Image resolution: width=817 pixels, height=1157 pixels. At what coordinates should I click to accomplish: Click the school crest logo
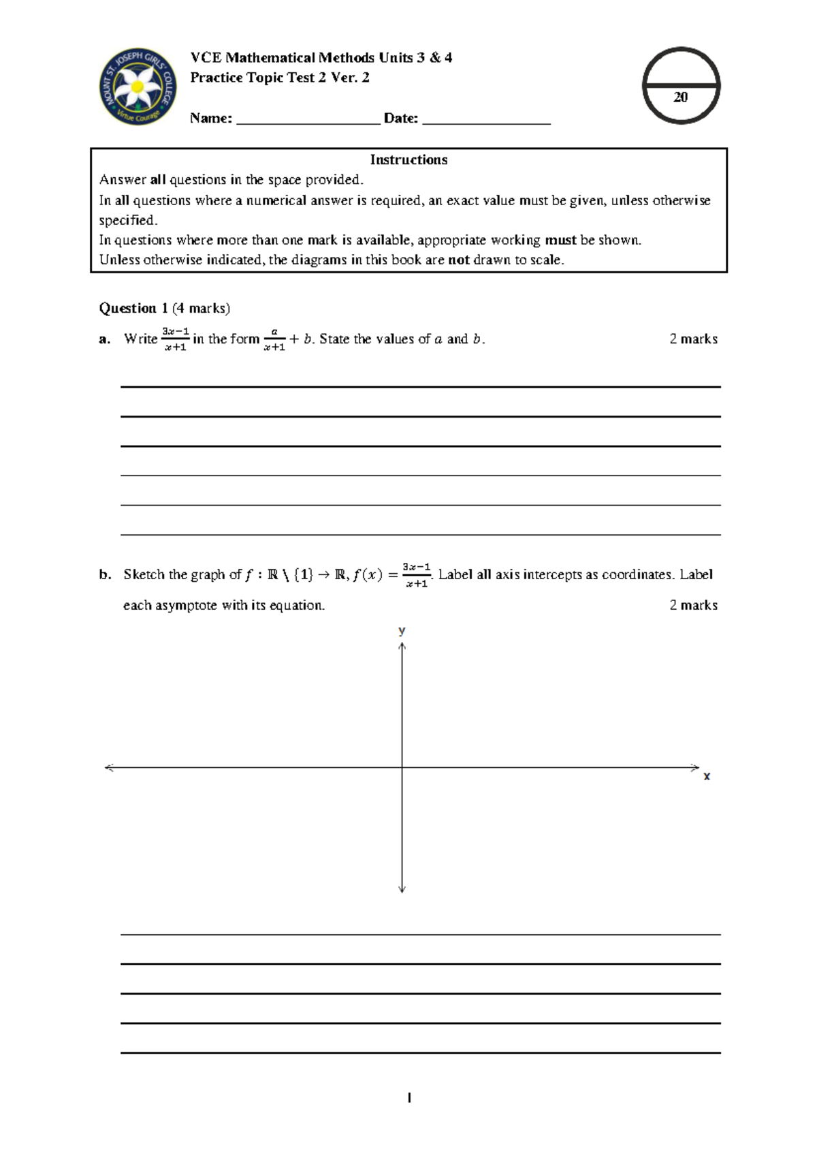pyautogui.click(x=138, y=87)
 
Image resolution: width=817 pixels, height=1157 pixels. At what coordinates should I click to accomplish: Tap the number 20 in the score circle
pyautogui.click(x=680, y=97)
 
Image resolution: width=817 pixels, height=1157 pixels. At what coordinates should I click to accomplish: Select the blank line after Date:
pyautogui.click(x=486, y=120)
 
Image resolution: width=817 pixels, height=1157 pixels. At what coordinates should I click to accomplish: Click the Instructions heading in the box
pyautogui.click(x=408, y=159)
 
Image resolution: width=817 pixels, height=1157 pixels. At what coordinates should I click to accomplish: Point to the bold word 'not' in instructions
pyautogui.click(x=459, y=260)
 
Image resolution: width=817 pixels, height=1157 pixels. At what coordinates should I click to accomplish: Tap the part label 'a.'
pyautogui.click(x=104, y=339)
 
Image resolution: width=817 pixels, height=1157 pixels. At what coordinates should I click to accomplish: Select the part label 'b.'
pyautogui.click(x=104, y=574)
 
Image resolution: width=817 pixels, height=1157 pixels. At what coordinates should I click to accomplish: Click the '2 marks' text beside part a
pyautogui.click(x=693, y=339)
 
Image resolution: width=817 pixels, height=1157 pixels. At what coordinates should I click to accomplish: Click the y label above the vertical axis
pyautogui.click(x=402, y=630)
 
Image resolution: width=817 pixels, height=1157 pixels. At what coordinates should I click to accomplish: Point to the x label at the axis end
pyautogui.click(x=707, y=776)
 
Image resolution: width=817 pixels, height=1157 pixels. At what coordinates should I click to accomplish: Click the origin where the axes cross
pyautogui.click(x=402, y=768)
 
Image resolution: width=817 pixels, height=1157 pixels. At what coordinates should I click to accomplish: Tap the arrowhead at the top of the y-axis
pyautogui.click(x=402, y=646)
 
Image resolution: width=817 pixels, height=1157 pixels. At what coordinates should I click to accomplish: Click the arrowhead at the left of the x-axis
pyautogui.click(x=108, y=768)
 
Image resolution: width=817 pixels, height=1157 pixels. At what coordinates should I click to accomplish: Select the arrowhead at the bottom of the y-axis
pyautogui.click(x=402, y=889)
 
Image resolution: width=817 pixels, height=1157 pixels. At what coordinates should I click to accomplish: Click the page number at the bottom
pyautogui.click(x=408, y=1098)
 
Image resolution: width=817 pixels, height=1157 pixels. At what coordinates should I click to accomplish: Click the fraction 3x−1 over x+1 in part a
pyautogui.click(x=175, y=339)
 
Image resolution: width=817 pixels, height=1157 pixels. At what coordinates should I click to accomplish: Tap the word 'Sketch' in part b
pyautogui.click(x=144, y=574)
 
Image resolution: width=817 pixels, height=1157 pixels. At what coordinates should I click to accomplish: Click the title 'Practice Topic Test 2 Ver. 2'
pyautogui.click(x=280, y=78)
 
